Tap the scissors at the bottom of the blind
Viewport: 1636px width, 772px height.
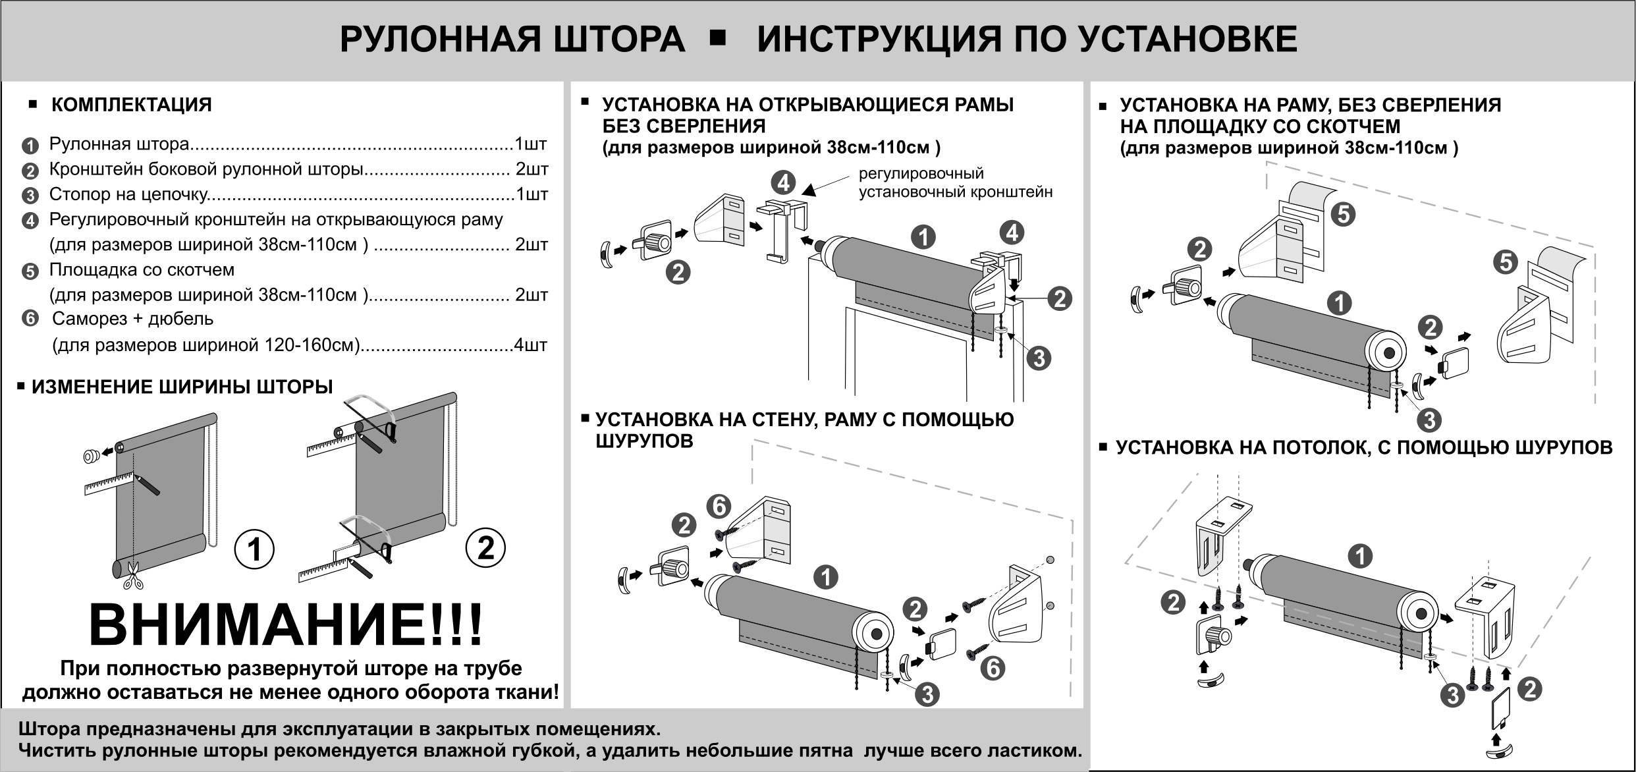click(134, 575)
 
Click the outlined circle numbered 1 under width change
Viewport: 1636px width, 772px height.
click(254, 549)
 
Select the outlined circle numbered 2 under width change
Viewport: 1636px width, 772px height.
click(485, 548)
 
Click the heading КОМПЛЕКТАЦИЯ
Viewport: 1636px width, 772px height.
click(132, 105)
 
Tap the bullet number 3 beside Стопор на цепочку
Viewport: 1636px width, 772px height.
click(30, 196)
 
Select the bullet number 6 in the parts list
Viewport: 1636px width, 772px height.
click(30, 319)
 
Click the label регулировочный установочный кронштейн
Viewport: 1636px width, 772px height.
click(955, 183)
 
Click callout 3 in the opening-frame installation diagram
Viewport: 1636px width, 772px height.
click(1039, 358)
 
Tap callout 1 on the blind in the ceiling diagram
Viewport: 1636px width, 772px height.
click(1360, 557)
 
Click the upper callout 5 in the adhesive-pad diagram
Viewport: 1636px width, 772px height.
click(1343, 214)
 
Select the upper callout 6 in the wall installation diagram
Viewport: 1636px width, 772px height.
click(719, 507)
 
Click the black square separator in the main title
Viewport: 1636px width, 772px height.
click(719, 38)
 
